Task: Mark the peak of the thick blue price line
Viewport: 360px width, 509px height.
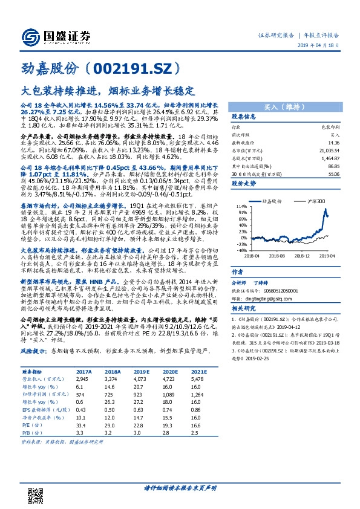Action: [x=326, y=209]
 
